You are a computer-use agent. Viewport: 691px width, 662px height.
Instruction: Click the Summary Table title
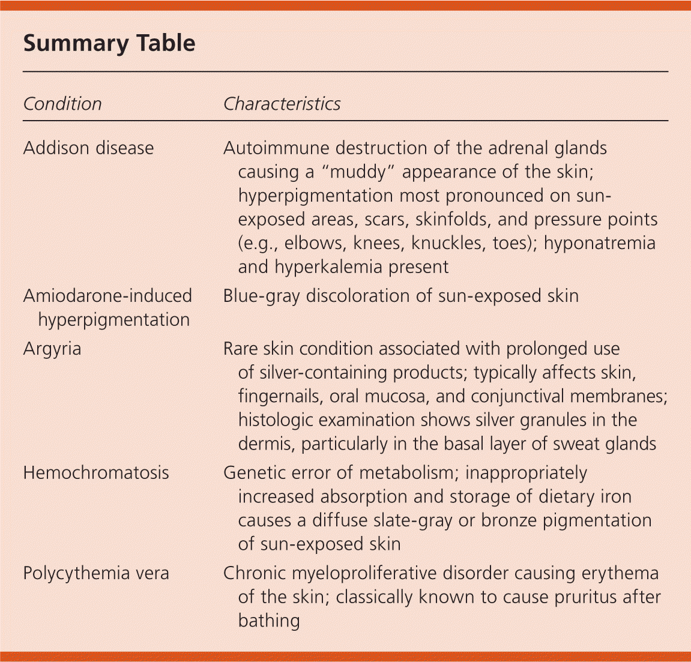point(109,43)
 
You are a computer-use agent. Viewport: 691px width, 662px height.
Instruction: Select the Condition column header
point(62,104)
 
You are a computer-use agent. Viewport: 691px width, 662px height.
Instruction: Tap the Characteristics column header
point(282,104)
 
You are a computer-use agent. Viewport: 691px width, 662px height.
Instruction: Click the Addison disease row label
point(88,148)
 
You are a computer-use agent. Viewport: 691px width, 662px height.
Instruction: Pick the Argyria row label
point(52,349)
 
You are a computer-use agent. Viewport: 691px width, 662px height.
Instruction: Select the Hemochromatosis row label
point(96,473)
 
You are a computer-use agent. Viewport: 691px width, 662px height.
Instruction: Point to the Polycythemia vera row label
point(96,573)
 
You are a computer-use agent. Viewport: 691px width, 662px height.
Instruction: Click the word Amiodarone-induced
point(107,296)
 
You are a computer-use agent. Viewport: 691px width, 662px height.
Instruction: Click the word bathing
point(268,620)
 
